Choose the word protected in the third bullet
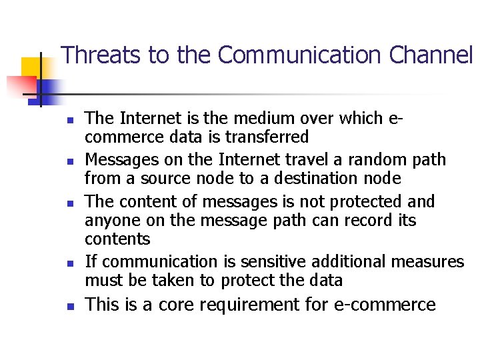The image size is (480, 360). tap(357, 201)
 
